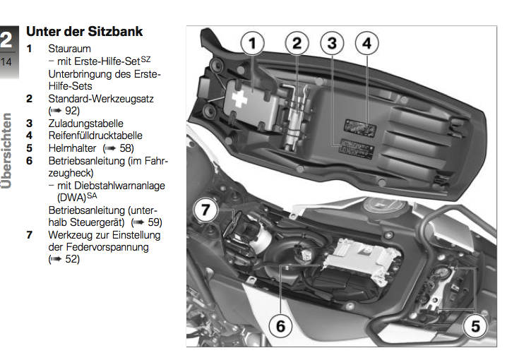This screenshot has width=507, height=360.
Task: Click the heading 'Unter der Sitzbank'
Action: [x=84, y=31]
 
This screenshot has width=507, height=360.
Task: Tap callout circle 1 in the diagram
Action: [x=253, y=44]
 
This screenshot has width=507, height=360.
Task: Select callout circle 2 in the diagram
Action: [x=297, y=44]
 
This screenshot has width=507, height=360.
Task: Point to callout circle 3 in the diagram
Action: [x=332, y=44]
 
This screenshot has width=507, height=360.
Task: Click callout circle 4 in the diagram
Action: [x=366, y=44]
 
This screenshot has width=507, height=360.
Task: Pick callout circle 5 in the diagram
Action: [x=475, y=326]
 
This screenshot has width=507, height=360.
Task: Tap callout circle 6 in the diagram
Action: [x=280, y=326]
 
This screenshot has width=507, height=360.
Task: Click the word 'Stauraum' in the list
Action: [x=69, y=49]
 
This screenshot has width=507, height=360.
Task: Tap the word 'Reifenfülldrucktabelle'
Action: [x=95, y=135]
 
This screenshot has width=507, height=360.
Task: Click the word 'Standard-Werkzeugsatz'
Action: [x=101, y=98]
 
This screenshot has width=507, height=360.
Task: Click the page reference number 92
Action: [x=71, y=111]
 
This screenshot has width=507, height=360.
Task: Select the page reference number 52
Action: [x=71, y=259]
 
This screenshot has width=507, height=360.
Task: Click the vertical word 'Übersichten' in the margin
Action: [x=7, y=150]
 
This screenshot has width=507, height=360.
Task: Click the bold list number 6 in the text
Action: [x=30, y=160]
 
